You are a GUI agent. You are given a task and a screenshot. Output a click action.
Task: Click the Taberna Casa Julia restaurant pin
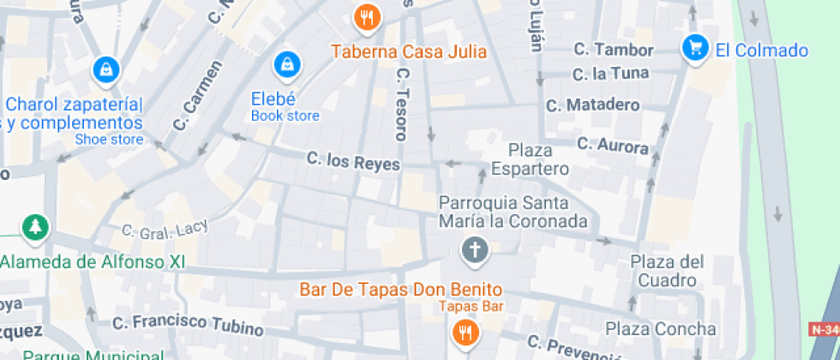coord(367,16)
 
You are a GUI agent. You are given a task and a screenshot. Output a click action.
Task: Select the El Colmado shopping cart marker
coord(693,48)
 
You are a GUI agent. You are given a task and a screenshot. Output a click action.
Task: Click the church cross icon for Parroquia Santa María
coord(472,250)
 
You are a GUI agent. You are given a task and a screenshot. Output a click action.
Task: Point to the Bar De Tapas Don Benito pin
coord(465,332)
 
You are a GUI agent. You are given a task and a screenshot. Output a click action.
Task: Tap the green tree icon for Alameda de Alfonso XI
coord(35,227)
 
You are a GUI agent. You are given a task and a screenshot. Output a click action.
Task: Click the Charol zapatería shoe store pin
coord(105,68)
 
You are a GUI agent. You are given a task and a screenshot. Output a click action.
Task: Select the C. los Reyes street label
coord(353,160)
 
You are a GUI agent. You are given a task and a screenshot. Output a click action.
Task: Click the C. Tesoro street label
coord(401,105)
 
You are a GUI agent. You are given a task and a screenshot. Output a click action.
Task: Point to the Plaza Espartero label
coord(531,159)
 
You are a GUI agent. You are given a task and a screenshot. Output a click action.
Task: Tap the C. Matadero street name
coord(593,105)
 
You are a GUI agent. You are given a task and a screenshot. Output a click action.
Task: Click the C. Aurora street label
coord(612,145)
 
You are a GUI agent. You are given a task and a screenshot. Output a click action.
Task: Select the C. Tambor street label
coord(613,50)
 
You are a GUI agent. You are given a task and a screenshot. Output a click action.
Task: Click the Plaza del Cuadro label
coord(667,271)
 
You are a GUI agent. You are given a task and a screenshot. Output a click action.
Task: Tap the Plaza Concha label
coord(660,328)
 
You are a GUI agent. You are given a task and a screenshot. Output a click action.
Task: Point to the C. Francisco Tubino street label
coord(189,323)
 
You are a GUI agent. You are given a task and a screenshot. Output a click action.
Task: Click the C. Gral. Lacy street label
coord(159,230)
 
